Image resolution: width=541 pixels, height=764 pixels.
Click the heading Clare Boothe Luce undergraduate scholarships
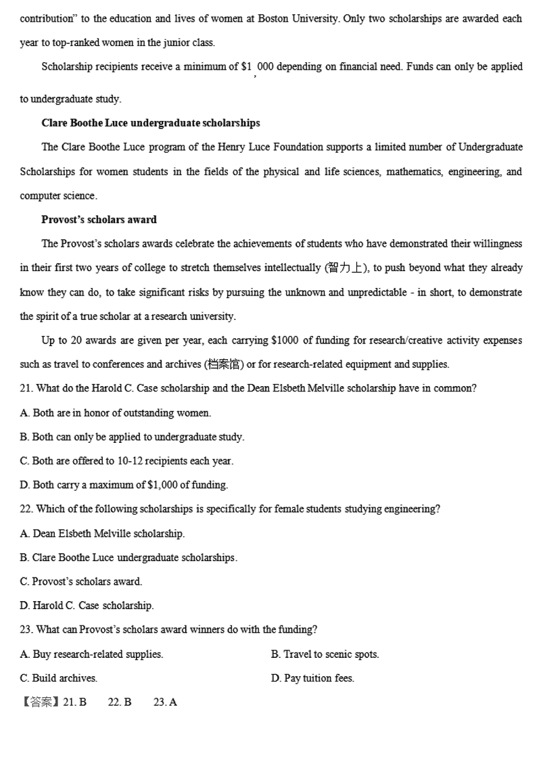pos(150,123)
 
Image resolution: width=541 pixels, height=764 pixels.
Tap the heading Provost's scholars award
pos(99,220)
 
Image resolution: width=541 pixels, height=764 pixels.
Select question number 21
pos(26,389)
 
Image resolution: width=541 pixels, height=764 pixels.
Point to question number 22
pos(26,509)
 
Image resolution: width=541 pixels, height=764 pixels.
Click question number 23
pos(26,629)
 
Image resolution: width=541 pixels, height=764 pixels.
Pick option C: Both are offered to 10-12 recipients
pos(126,461)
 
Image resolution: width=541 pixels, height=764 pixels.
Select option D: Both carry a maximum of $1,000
pos(124,485)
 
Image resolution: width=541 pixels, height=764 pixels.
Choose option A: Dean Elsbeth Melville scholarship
pos(102,533)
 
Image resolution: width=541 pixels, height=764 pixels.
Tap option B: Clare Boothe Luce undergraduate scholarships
pos(128,558)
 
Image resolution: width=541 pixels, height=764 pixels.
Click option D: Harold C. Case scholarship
pos(87,606)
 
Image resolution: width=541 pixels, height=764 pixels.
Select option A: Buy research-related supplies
pos(91,654)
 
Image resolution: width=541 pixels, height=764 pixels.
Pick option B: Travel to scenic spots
pos(325,654)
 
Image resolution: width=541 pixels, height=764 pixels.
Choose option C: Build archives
pos(59,677)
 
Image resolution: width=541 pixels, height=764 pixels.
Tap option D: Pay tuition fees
pos(312,677)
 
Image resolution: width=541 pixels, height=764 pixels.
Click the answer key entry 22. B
pos(120,702)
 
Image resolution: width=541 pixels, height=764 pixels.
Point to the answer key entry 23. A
pos(165,702)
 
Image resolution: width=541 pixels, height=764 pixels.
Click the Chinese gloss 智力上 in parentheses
pos(346,268)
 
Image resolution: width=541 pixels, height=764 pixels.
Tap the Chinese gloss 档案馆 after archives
pos(223,364)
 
